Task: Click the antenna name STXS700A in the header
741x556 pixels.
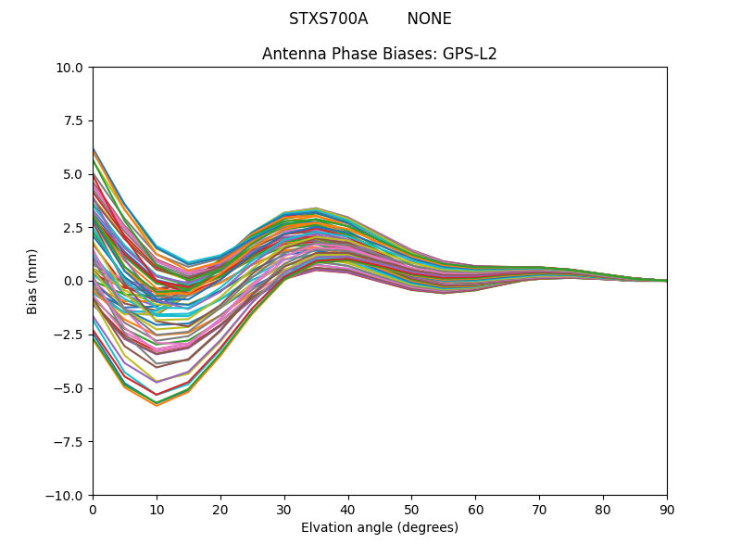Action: click(x=328, y=19)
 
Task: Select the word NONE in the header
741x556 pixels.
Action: click(x=429, y=19)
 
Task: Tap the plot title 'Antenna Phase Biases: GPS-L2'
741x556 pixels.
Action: click(x=380, y=54)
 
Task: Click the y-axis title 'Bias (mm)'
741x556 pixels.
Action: click(x=32, y=281)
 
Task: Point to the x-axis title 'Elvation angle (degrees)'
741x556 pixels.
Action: click(x=380, y=527)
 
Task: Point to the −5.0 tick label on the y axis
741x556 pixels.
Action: click(x=70, y=388)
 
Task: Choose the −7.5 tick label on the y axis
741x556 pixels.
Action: click(x=70, y=441)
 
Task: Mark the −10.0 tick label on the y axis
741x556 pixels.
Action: click(x=67, y=495)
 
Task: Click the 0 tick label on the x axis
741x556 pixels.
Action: click(x=93, y=509)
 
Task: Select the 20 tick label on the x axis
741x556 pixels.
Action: click(x=220, y=509)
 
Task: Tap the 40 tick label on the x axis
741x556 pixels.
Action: click(x=348, y=509)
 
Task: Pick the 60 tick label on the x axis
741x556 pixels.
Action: click(x=475, y=509)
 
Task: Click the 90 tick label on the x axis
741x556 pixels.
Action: click(x=667, y=509)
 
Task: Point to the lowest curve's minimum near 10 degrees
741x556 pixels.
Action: click(x=157, y=405)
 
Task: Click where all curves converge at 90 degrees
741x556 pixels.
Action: click(x=666, y=281)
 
